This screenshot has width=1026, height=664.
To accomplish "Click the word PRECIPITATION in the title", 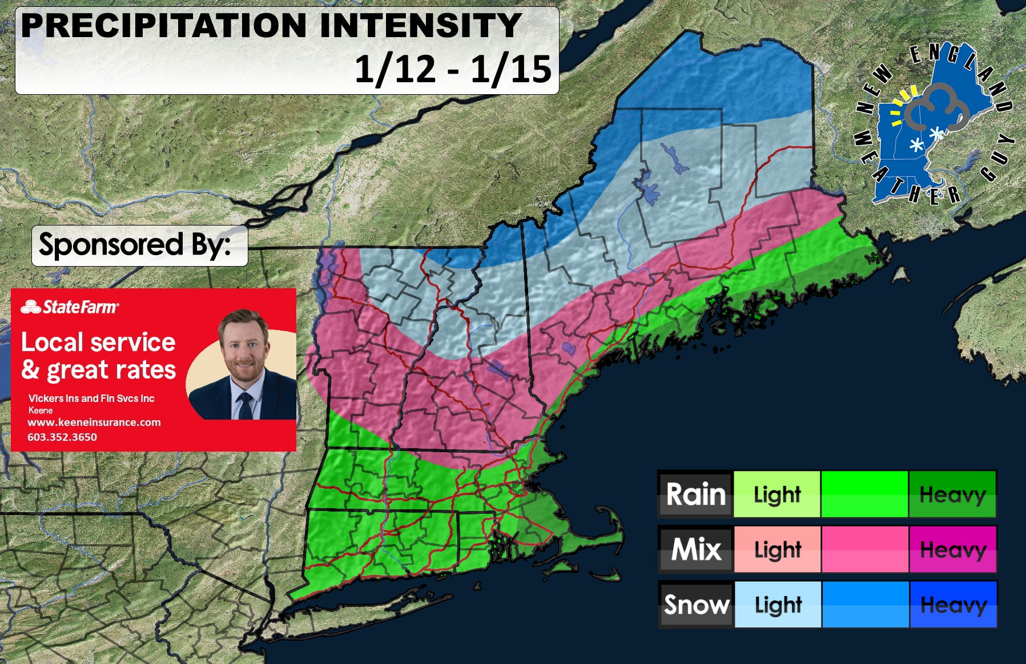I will [163, 26].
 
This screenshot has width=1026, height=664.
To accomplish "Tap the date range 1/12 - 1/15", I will [453, 70].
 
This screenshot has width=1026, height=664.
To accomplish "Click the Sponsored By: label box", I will [139, 246].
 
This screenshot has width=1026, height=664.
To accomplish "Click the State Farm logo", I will [70, 307].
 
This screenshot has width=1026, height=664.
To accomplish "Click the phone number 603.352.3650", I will [62, 437].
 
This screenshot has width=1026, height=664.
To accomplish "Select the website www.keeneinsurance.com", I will [94, 422].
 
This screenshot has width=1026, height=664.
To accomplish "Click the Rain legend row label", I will [695, 494].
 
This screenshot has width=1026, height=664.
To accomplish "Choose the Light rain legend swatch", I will [776, 494].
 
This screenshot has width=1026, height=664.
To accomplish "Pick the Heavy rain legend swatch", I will [952, 494].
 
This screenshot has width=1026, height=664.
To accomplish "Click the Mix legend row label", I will [695, 549].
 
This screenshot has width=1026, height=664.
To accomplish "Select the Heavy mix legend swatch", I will [952, 549].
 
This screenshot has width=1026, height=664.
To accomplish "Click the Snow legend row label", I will [695, 604].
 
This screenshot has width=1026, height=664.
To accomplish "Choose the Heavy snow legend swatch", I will [952, 604].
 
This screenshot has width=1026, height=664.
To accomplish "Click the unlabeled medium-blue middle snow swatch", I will [864, 604].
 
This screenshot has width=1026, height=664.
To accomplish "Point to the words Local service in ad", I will [98, 342].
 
